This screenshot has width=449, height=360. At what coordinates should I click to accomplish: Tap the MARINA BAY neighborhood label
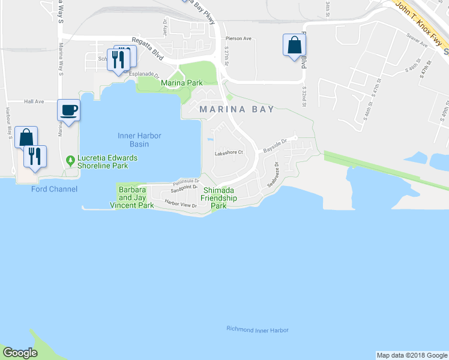click(237, 109)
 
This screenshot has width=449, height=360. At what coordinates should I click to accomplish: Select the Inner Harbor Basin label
click(139, 140)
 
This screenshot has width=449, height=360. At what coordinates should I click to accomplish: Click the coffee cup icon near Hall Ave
click(68, 110)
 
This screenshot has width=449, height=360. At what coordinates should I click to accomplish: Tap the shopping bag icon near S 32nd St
click(294, 45)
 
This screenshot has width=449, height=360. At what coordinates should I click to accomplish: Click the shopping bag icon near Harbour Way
click(26, 137)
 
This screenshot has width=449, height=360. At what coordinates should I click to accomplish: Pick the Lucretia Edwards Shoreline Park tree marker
click(70, 160)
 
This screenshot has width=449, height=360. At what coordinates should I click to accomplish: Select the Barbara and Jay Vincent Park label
click(131, 197)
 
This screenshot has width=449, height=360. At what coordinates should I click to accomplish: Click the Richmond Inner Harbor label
click(258, 330)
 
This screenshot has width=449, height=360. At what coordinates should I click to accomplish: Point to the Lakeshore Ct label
click(228, 153)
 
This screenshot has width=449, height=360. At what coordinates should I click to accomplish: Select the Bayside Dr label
click(277, 142)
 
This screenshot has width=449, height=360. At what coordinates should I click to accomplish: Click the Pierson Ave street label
click(238, 38)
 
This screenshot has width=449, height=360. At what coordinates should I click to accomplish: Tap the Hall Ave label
click(34, 102)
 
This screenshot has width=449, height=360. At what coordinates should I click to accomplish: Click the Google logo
click(20, 353)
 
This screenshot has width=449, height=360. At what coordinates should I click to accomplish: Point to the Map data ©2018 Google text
click(411, 355)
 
